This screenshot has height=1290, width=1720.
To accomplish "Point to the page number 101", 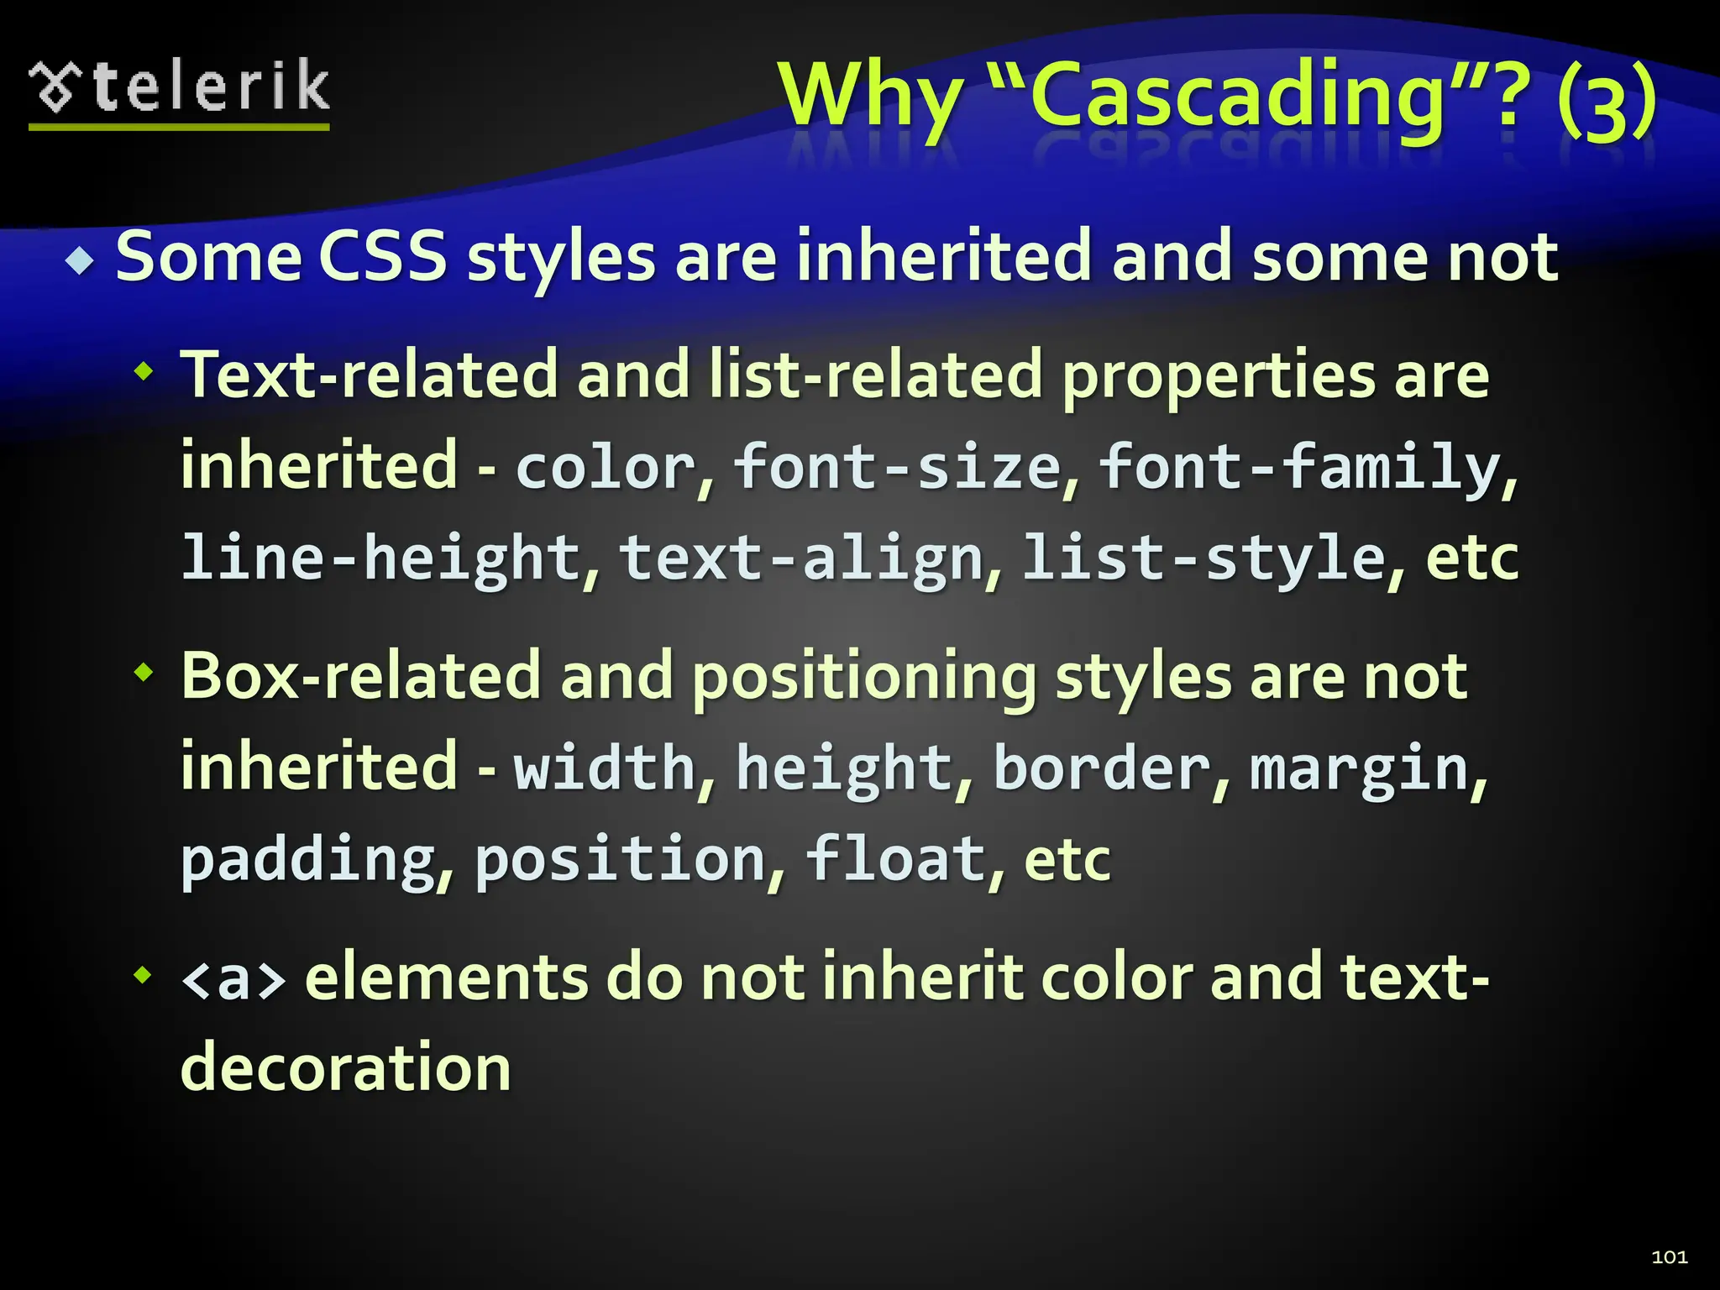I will pyautogui.click(x=1669, y=1256).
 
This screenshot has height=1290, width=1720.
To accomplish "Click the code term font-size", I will pyautogui.click(x=896, y=467).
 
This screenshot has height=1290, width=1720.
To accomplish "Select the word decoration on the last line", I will pyautogui.click(x=345, y=1067).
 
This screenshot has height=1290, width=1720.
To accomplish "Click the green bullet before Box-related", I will pyautogui.click(x=144, y=672).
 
